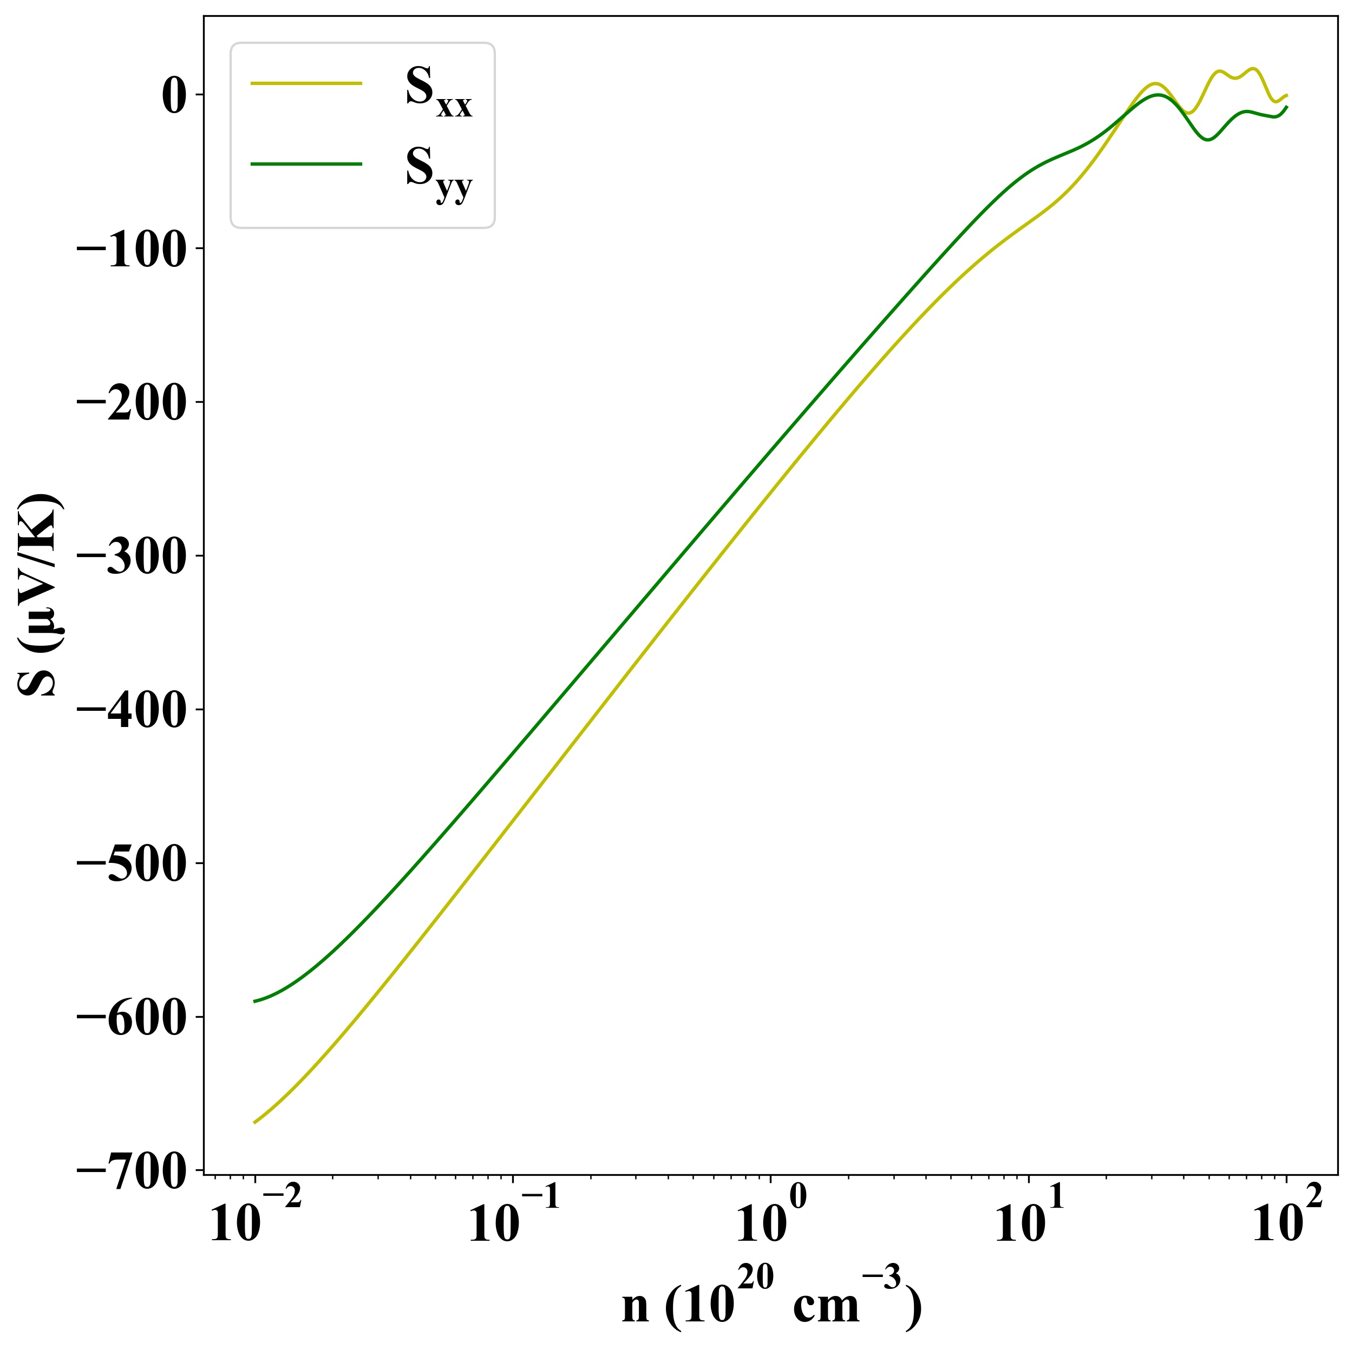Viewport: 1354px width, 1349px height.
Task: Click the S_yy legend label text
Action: pyautogui.click(x=438, y=172)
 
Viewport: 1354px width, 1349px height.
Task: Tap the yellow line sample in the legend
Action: pyautogui.click(x=306, y=83)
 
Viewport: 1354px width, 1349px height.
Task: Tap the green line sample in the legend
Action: pyautogui.click(x=306, y=164)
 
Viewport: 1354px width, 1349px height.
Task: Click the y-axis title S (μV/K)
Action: pyautogui.click(x=41, y=595)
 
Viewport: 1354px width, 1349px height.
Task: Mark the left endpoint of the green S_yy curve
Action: pyautogui.click(x=254, y=1001)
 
